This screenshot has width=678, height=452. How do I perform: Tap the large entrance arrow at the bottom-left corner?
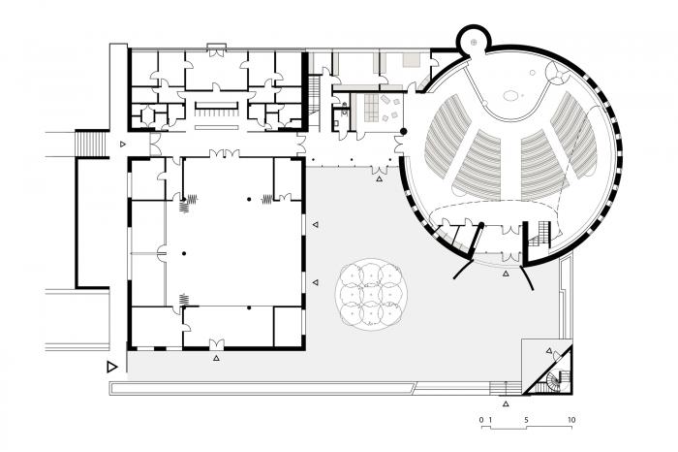112,367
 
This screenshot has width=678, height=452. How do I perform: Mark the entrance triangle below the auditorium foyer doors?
506,274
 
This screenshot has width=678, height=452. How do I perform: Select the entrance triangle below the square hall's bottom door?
216,358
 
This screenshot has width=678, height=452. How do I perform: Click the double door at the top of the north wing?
217,48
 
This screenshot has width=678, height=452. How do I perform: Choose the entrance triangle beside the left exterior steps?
122,143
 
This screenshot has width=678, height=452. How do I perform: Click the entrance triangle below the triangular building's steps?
506,400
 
